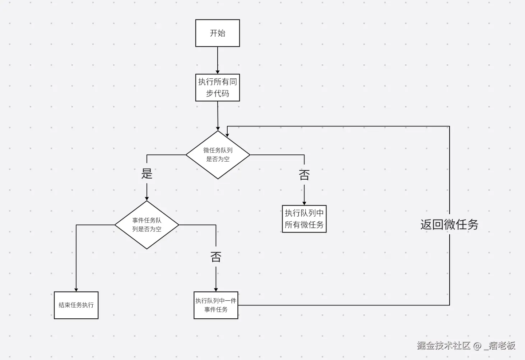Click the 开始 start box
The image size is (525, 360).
217,33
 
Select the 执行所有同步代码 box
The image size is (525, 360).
217,87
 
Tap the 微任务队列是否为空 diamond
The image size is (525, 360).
218,154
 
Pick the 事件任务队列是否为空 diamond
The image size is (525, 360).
147,225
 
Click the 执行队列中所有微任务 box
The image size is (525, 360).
304,219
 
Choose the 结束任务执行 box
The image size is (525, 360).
76,305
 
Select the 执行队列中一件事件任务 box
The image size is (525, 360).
215,305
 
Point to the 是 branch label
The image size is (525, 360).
147,174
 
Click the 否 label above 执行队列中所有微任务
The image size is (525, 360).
304,175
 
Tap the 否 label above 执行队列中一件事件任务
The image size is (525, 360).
215,257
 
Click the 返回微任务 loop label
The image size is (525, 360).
449,225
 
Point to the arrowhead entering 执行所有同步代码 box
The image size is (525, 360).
217,72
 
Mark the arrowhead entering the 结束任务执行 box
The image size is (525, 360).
76,290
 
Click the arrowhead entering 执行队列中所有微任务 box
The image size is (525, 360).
304,203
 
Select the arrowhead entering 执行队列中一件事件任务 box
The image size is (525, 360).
215,290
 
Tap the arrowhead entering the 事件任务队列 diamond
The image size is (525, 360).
147,198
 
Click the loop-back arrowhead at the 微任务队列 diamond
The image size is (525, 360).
227,135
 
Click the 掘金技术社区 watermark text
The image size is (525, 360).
443,346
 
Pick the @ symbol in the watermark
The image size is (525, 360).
477,346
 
